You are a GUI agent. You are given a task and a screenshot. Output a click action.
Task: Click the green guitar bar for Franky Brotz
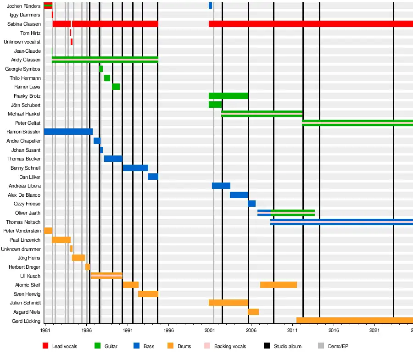[228, 96]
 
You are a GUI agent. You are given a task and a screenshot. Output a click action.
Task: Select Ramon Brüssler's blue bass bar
[68, 132]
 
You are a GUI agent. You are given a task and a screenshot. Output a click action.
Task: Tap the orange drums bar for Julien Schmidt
[228, 303]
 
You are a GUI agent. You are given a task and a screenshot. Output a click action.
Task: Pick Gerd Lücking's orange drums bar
[354, 321]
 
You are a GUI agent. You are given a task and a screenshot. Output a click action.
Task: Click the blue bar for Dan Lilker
[153, 177]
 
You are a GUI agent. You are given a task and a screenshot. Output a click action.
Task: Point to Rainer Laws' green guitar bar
[116, 87]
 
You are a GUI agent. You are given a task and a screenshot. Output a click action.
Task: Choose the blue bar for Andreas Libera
[221, 186]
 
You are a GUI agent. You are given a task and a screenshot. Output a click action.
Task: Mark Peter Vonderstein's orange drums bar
[48, 231]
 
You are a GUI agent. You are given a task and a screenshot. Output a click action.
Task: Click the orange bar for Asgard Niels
[253, 312]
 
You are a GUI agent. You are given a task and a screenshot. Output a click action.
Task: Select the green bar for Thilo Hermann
[107, 78]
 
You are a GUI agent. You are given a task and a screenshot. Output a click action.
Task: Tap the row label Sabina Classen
[24, 24]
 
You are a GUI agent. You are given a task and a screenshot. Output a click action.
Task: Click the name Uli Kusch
[30, 276]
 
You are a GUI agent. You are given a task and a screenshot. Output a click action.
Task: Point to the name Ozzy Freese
[27, 204]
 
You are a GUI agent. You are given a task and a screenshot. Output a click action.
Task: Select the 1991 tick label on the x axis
[128, 330]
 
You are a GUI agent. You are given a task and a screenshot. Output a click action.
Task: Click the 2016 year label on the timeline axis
[334, 330]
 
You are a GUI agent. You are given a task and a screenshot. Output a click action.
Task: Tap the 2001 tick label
[210, 330]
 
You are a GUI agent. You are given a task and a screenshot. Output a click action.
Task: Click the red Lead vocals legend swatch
[45, 346]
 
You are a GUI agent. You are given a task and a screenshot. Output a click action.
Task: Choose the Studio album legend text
[288, 346]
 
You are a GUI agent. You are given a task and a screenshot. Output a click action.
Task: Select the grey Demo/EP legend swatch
[321, 346]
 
